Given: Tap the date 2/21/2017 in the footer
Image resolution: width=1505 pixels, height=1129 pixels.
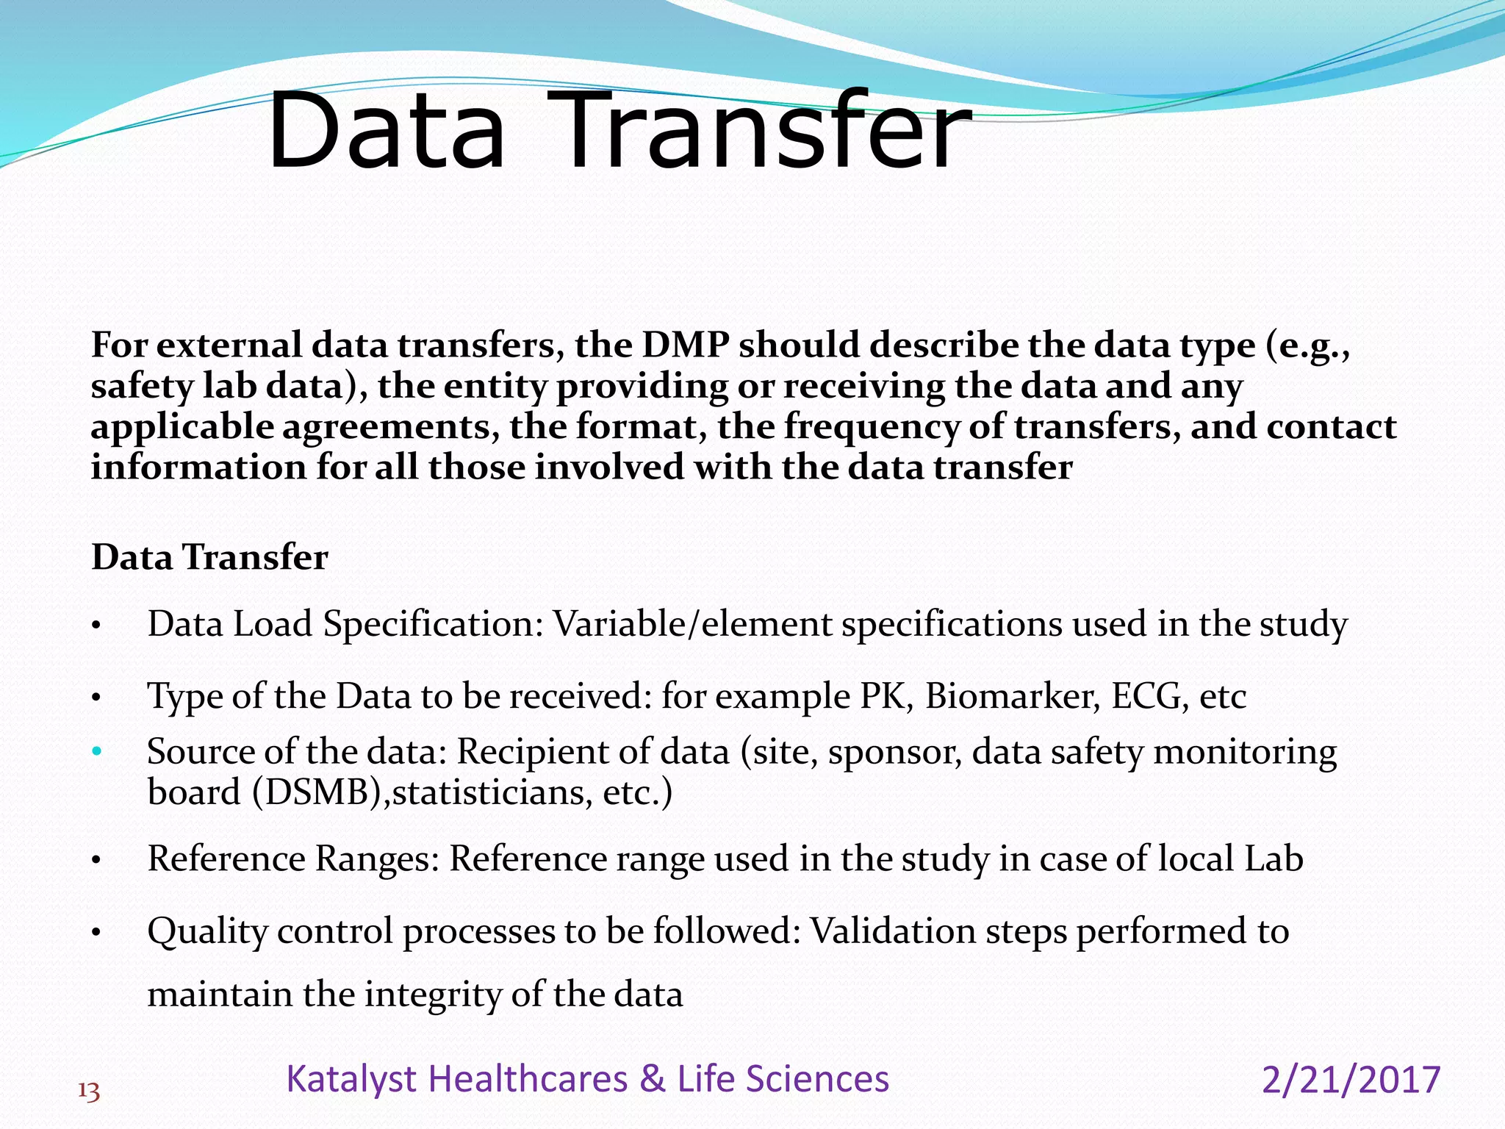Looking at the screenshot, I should [x=1351, y=1080].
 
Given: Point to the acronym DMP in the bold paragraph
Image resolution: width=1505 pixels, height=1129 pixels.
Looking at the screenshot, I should [x=686, y=345].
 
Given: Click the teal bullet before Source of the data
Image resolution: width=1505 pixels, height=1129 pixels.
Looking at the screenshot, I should [x=96, y=752].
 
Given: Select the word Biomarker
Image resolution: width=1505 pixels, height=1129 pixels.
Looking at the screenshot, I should [x=1012, y=696].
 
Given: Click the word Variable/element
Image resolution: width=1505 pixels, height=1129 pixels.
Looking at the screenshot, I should [x=692, y=624].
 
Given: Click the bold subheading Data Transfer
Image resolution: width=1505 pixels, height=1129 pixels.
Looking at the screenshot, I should [x=209, y=557].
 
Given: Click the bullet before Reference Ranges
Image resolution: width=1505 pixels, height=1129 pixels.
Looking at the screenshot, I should [x=96, y=860].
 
